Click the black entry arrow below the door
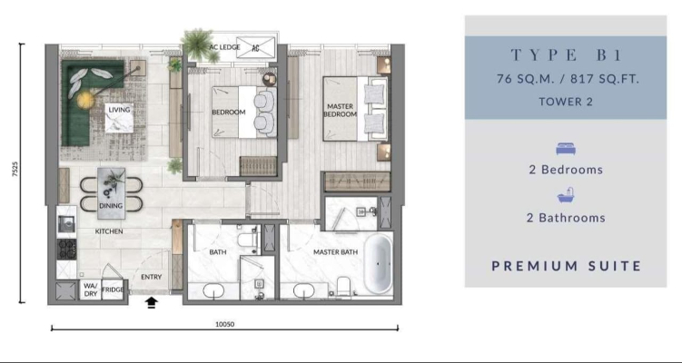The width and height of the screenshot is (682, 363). click(x=152, y=302)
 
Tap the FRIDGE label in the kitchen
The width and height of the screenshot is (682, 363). click(x=113, y=290)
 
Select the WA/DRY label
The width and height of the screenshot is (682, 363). click(x=91, y=290)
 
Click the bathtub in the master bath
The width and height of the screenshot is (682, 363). click(x=378, y=264)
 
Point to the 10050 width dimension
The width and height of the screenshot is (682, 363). click(x=225, y=324)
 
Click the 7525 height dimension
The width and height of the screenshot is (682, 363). click(x=15, y=170)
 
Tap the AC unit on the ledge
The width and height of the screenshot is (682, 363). click(x=256, y=47)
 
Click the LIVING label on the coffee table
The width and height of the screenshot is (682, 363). click(x=119, y=110)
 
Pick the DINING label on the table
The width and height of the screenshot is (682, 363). click(x=111, y=206)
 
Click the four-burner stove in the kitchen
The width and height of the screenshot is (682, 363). click(x=66, y=249)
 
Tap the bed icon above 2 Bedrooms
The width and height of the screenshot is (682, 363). click(x=566, y=150)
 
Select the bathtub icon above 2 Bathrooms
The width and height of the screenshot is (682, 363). click(x=566, y=196)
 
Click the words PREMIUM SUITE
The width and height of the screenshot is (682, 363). click(x=567, y=266)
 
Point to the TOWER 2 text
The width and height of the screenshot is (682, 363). click(x=566, y=102)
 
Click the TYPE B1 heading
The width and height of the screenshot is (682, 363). click(x=566, y=55)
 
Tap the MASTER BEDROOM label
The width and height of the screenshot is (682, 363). click(x=341, y=111)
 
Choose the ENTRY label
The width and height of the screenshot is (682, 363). click(x=152, y=277)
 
